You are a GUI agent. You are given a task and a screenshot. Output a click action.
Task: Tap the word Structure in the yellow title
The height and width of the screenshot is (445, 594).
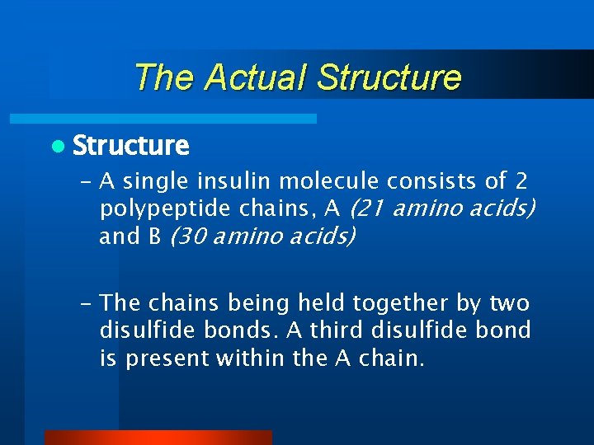pos(389,77)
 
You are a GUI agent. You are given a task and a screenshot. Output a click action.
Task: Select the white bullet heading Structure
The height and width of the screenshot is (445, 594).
pos(130,146)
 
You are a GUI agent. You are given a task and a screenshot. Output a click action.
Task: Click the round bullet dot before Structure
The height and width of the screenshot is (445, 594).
pos(56,147)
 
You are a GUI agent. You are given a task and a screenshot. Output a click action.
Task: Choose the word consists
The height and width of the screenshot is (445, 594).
pos(428,181)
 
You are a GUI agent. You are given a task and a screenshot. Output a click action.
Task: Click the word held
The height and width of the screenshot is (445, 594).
pos(324,303)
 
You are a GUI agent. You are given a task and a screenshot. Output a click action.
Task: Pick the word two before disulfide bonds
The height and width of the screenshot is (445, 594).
pos(511,303)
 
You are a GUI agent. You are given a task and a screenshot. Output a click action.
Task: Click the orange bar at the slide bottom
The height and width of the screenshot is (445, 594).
pos(158,437)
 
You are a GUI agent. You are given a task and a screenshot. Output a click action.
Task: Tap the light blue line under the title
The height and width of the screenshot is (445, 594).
pos(182,119)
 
